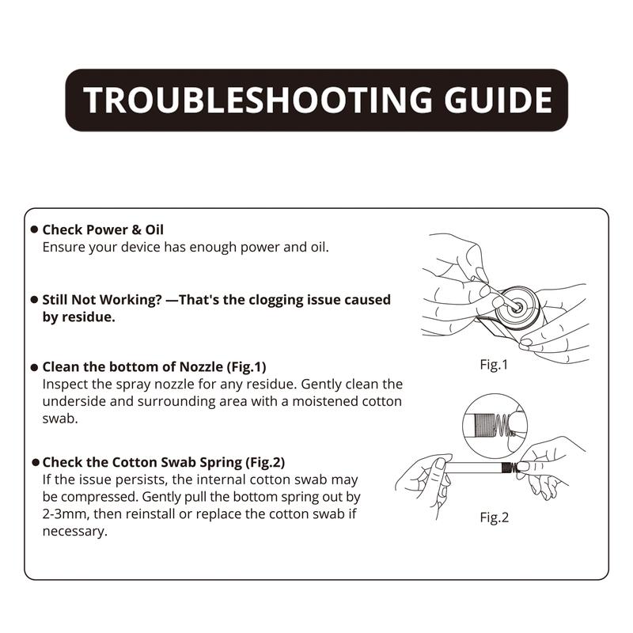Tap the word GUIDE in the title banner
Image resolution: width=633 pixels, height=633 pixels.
pyautogui.click(x=498, y=100)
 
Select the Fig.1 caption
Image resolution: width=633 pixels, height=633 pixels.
pyautogui.click(x=494, y=365)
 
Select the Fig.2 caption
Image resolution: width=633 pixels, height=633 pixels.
pyautogui.click(x=494, y=517)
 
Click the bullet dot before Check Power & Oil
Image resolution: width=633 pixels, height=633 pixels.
pyautogui.click(x=34, y=229)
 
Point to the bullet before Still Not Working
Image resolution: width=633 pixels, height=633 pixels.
pyautogui.click(x=34, y=300)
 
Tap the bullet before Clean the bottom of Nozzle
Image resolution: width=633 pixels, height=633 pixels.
pyautogui.click(x=34, y=367)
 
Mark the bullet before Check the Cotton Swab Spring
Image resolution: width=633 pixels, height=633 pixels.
pyautogui.click(x=36, y=462)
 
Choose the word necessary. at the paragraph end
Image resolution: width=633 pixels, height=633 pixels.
pyautogui.click(x=74, y=532)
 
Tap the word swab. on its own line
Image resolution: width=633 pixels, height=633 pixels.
pyautogui.click(x=60, y=419)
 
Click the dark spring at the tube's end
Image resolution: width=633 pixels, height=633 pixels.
pyautogui.click(x=510, y=468)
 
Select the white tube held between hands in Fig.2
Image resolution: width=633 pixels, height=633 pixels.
pyautogui.click(x=473, y=468)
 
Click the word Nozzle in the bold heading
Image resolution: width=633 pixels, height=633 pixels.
pyautogui.click(x=201, y=367)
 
